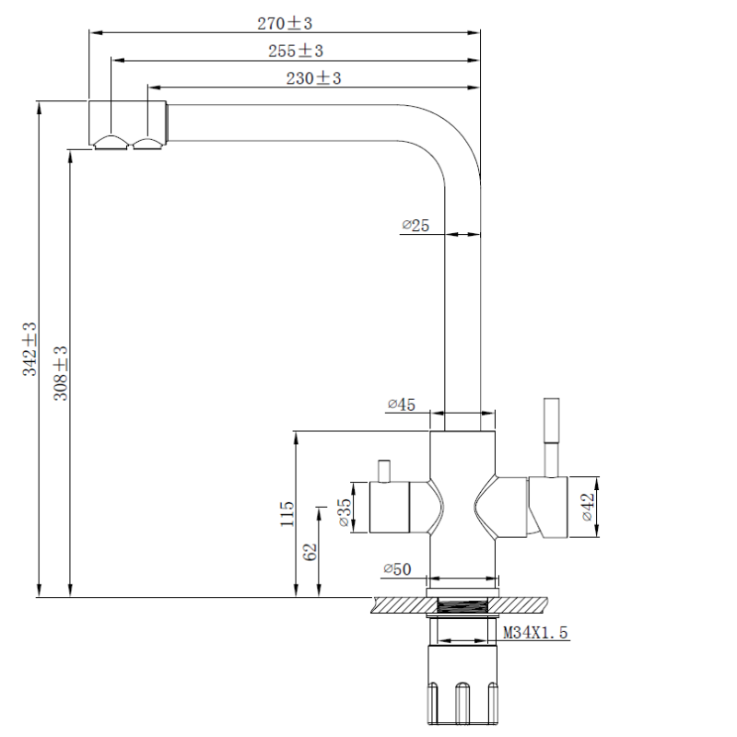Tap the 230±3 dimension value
coord(313,79)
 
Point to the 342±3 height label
coord(29,348)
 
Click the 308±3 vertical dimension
coord(61,372)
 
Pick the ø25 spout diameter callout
coord(415,224)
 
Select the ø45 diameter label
coord(402,404)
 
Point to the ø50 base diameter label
coord(397,569)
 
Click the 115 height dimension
coord(287,513)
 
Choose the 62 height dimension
coord(310,551)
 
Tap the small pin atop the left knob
coord(383,469)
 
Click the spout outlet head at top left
coord(127,123)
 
